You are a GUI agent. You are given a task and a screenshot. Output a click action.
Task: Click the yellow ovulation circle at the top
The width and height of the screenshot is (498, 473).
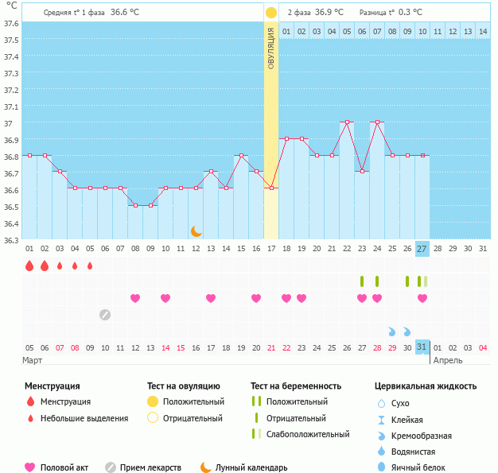[270, 13]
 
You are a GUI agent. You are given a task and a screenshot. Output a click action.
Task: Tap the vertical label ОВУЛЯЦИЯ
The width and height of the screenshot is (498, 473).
[270, 48]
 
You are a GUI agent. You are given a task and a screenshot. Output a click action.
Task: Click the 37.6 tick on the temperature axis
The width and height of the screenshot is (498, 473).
[11, 23]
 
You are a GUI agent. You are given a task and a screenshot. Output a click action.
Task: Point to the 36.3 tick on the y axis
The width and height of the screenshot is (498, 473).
[11, 239]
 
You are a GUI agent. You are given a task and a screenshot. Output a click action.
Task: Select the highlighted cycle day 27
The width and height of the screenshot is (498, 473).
[422, 249]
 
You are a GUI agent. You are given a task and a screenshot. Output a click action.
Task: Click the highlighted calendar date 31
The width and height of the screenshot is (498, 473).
[422, 347]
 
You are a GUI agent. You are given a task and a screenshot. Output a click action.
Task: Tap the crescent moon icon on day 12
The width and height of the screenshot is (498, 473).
[196, 231]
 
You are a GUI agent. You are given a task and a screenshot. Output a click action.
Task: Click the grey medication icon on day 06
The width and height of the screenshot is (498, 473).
[105, 315]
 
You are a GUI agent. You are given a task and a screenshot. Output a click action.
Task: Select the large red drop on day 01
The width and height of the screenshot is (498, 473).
[29, 266]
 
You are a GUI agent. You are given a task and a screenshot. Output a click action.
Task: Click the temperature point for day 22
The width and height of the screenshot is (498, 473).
[346, 122]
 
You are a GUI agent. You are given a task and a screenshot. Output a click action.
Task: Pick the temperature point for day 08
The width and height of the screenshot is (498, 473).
[135, 205]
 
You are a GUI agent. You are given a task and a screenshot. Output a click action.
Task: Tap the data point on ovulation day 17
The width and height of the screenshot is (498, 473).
[271, 188]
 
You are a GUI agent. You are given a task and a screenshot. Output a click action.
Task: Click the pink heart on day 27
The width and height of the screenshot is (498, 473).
[422, 298]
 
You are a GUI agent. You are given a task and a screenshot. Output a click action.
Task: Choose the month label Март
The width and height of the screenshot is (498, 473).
[33, 361]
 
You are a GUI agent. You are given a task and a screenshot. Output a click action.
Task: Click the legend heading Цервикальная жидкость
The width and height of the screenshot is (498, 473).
[426, 386]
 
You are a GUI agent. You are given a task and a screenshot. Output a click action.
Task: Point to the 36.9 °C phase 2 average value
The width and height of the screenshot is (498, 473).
[329, 13]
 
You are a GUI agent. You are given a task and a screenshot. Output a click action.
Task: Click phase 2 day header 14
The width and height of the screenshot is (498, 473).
[482, 31]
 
